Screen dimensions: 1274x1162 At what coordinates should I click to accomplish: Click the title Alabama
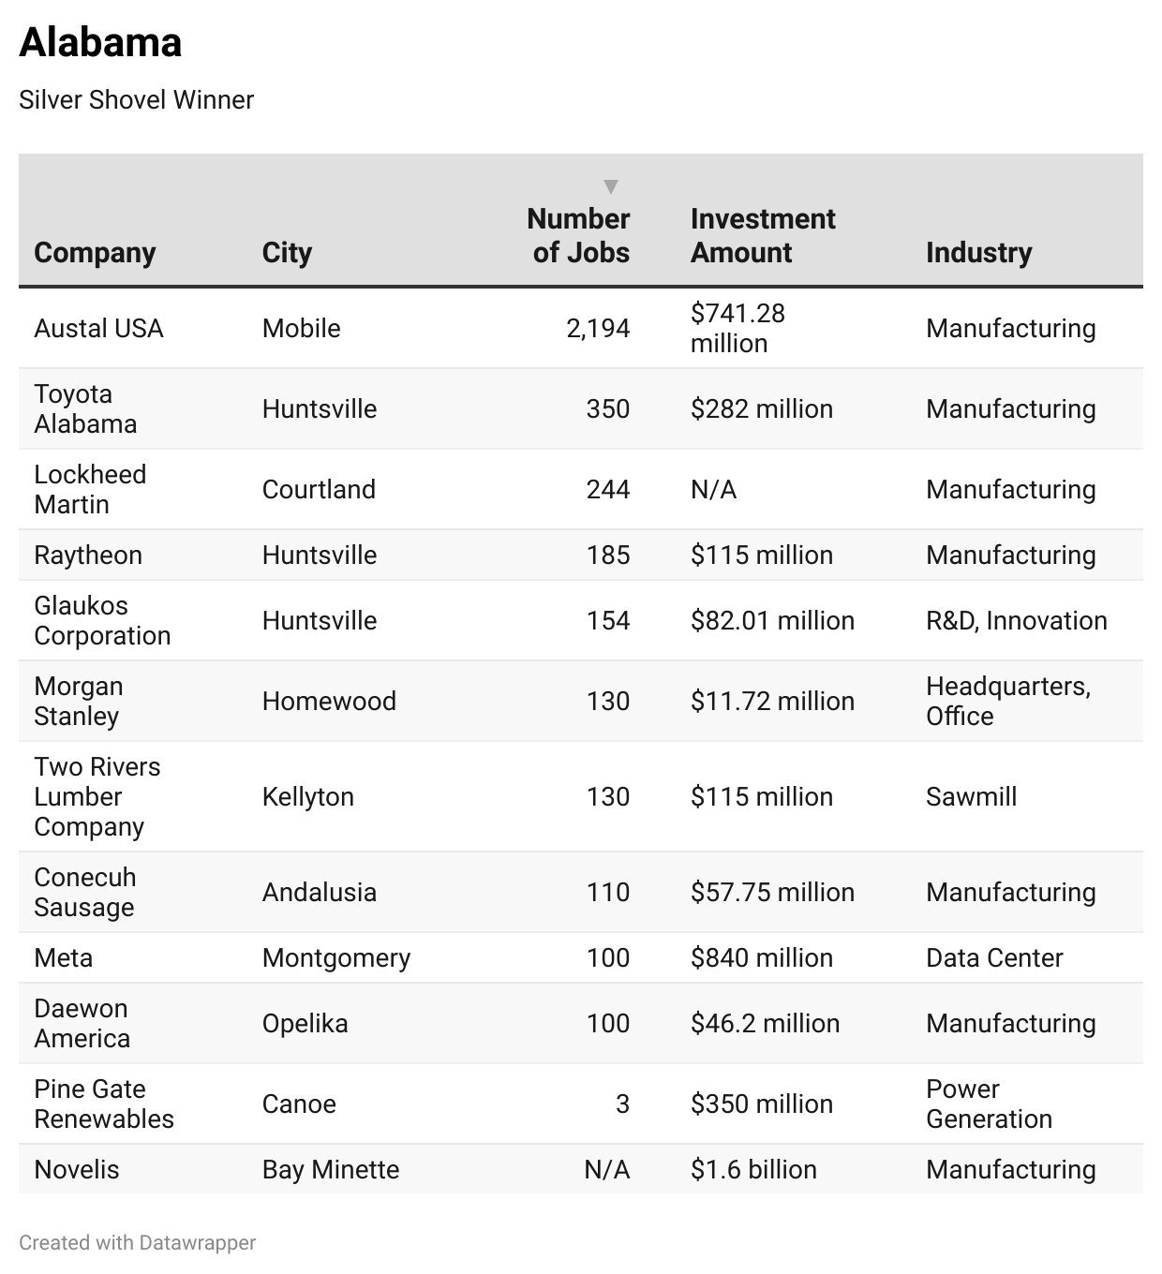click(x=100, y=42)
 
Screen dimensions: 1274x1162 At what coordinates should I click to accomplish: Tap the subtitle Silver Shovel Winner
click(x=136, y=100)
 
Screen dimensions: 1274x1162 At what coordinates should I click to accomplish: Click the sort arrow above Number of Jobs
click(x=611, y=186)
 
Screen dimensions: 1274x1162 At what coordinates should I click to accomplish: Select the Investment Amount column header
click(x=763, y=235)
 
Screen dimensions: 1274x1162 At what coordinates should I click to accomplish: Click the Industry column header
click(x=978, y=252)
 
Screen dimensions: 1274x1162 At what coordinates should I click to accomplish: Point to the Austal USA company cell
click(x=98, y=328)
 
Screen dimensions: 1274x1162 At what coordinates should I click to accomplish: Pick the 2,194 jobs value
click(x=598, y=328)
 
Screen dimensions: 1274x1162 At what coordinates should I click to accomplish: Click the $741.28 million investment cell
click(x=737, y=328)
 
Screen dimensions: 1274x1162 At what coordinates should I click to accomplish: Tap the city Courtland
click(x=319, y=489)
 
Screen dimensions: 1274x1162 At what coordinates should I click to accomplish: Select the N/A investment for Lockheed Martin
click(x=713, y=489)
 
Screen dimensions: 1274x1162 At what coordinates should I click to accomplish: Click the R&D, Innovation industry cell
click(x=1016, y=620)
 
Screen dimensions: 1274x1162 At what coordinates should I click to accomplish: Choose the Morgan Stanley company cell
click(x=79, y=701)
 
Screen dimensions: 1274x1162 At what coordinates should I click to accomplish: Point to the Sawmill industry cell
click(x=971, y=796)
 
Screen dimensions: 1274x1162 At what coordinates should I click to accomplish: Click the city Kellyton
click(x=307, y=796)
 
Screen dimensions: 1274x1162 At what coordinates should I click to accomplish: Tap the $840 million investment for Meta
click(x=761, y=957)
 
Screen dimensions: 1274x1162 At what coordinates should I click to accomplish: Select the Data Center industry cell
click(x=994, y=957)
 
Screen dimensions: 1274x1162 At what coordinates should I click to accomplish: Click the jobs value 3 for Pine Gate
click(x=622, y=1104)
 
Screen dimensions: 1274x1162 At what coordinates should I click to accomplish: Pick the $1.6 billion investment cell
click(x=753, y=1169)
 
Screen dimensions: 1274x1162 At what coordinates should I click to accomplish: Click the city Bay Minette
click(x=330, y=1169)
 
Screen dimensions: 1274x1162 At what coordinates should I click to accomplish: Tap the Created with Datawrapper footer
click(x=137, y=1242)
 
